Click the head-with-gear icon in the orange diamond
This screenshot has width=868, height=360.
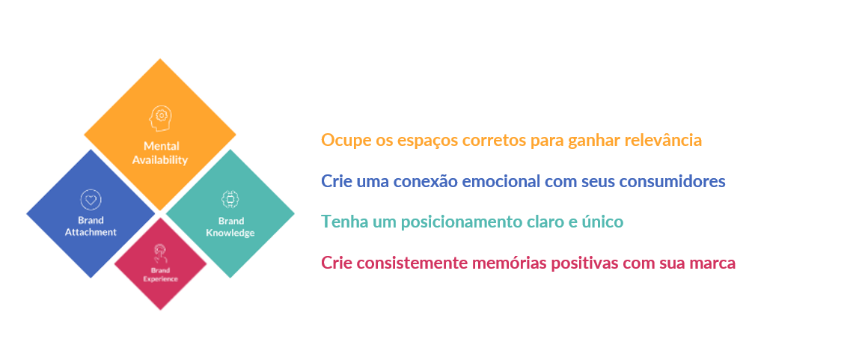pyautogui.click(x=159, y=118)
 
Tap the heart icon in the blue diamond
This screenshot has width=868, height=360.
pyautogui.click(x=91, y=199)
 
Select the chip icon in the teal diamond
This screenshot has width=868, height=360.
pyautogui.click(x=230, y=199)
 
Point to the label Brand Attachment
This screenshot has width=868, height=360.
pyautogui.click(x=91, y=227)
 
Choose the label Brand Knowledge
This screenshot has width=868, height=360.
pyautogui.click(x=230, y=228)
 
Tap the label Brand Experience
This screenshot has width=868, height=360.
pyautogui.click(x=161, y=275)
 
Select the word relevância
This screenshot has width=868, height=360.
pyautogui.click(x=663, y=140)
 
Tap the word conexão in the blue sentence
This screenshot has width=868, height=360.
pyautogui.click(x=424, y=181)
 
